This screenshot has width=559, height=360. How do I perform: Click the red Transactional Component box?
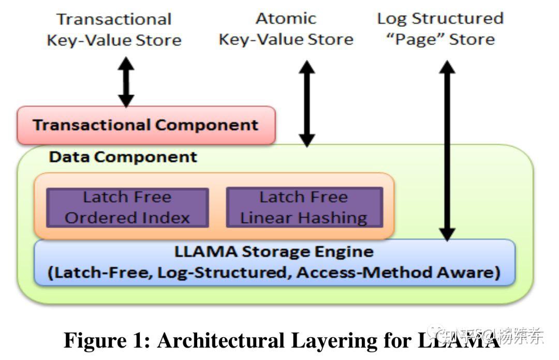(x=145, y=125)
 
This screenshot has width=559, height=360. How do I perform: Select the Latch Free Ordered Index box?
(x=127, y=207)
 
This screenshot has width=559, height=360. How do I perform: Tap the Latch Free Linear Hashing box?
(x=304, y=207)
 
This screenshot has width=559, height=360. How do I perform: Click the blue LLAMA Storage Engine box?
(x=274, y=262)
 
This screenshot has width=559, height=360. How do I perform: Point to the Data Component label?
(x=123, y=157)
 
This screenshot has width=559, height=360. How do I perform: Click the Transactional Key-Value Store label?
(x=114, y=29)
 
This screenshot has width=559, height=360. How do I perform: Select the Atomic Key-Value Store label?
(x=286, y=29)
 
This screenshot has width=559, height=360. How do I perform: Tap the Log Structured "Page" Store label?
(x=440, y=29)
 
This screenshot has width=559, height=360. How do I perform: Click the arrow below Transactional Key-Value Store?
(x=126, y=82)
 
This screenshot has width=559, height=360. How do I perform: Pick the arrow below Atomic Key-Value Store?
(x=307, y=103)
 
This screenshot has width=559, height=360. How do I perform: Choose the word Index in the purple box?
(x=170, y=218)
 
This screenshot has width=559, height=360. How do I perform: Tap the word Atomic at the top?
(x=286, y=19)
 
